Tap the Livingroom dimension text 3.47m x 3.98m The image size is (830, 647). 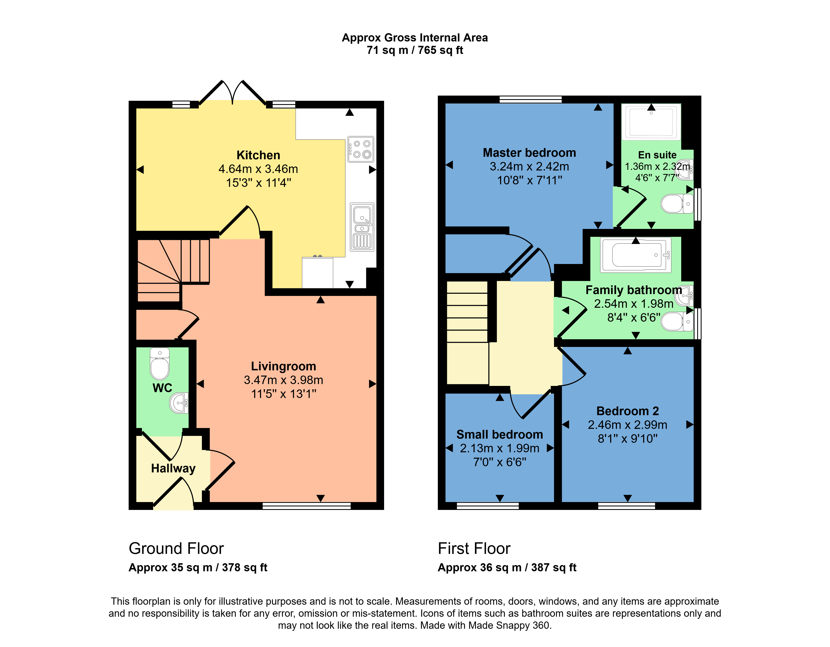[x=283, y=380]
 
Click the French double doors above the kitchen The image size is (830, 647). [x=232, y=93]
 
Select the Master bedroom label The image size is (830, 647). [x=529, y=153]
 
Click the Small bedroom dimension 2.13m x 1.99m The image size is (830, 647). [x=499, y=448]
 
